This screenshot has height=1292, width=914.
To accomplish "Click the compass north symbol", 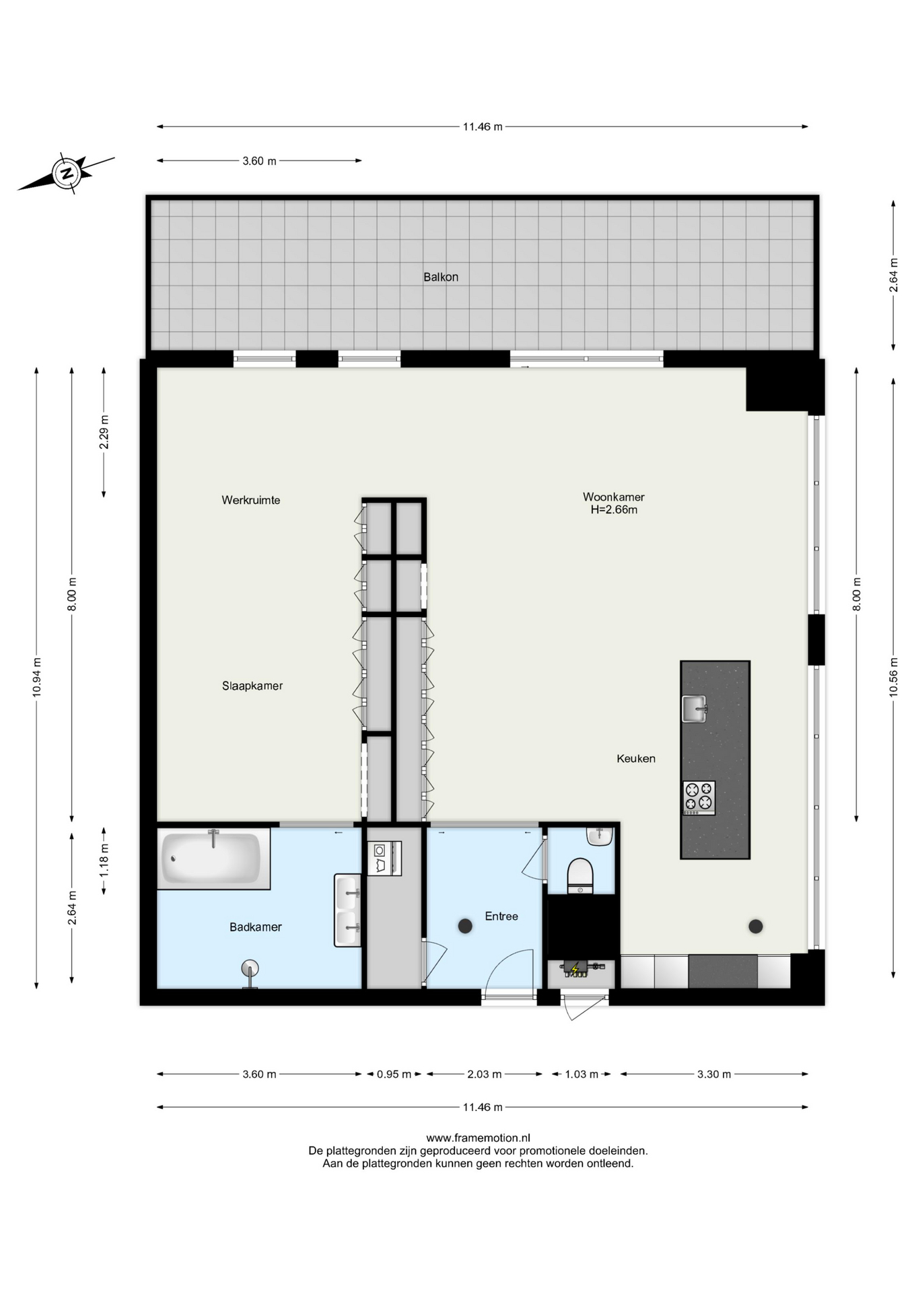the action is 67,173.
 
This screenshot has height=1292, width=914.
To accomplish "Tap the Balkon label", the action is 441,277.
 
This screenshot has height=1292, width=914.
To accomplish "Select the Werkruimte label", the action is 251,500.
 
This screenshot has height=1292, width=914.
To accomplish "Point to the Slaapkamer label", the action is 252,686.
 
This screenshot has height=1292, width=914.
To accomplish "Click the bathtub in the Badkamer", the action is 213,859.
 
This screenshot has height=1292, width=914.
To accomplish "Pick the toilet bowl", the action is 580,875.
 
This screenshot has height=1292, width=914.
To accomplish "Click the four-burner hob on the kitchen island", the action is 699,798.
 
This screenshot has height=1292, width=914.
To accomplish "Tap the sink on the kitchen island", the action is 694,709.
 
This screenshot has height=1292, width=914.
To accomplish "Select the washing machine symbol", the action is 384,859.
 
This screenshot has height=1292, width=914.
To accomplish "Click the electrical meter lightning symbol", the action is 575,970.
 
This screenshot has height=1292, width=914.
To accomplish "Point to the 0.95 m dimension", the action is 394,1074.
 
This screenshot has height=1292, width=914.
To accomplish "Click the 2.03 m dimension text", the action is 485,1074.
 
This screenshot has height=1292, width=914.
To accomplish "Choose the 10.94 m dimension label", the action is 37,677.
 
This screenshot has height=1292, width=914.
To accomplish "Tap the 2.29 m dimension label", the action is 104,433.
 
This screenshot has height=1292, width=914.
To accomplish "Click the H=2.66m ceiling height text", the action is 614,510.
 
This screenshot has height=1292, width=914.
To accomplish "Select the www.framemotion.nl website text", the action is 478,1138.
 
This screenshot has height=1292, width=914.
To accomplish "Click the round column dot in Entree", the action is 465,927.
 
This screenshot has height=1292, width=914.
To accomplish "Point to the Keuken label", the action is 636,758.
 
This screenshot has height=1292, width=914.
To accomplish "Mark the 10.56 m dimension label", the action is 894,677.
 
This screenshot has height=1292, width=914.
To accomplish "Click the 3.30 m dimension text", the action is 713,1074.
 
